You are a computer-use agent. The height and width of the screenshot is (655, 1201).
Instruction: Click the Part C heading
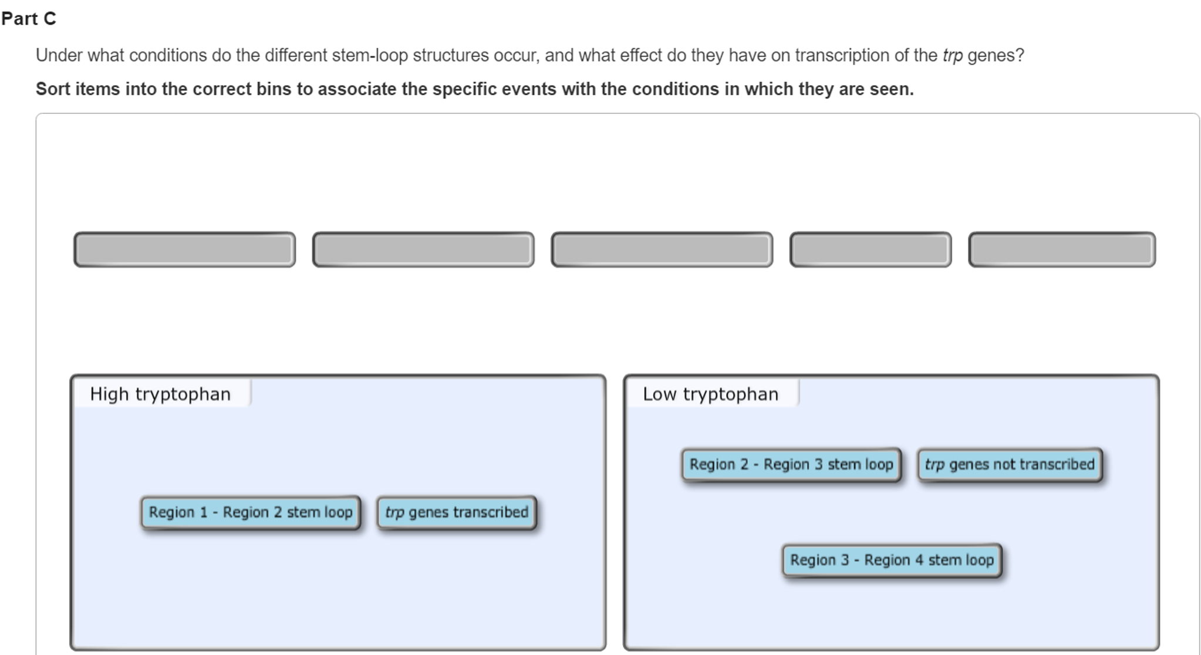29,19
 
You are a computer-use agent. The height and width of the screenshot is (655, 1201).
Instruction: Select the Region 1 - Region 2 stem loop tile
251,512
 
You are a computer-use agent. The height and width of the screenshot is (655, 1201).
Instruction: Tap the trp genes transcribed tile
457,512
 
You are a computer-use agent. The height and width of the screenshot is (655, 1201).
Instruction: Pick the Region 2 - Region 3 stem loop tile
791,465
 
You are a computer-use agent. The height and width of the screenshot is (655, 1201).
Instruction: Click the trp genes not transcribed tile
1010,465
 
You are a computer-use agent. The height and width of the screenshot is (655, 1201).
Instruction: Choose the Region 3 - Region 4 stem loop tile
892,560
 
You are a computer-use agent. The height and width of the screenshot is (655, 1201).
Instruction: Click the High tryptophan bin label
160,394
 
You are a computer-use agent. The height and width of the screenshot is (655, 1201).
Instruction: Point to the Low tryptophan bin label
710,394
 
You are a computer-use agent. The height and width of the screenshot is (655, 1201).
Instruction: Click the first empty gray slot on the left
184,249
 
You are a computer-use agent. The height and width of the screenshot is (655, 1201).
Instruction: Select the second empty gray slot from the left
423,249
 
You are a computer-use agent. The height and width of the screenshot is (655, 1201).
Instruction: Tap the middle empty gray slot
662,249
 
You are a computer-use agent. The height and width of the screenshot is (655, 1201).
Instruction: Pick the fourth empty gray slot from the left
871,249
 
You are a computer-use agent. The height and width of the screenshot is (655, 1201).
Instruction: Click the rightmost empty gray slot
1062,249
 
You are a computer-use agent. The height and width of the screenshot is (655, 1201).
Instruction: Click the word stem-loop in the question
370,55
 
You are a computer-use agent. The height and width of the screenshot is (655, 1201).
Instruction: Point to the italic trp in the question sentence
953,56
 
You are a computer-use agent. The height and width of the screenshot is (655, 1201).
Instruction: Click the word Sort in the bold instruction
53,89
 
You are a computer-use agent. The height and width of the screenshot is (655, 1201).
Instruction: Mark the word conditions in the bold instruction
675,89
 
